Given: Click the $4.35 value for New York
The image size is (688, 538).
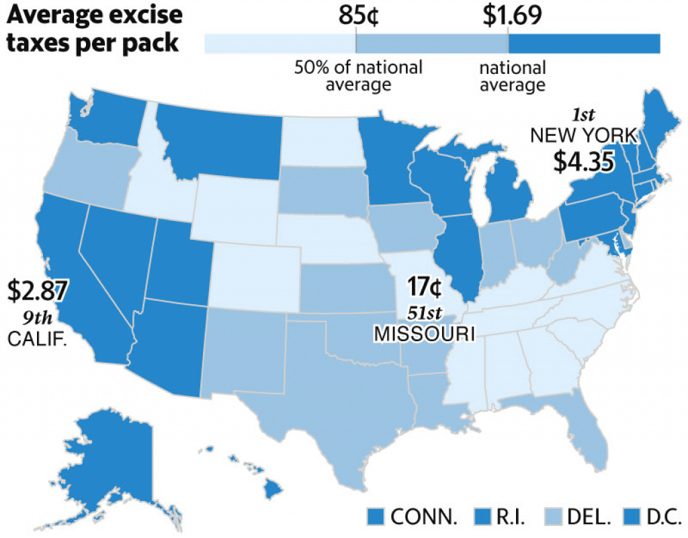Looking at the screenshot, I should point(583,162).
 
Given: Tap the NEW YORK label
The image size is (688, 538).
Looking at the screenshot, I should point(583,136).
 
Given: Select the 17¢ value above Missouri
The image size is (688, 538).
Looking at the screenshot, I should point(425,287).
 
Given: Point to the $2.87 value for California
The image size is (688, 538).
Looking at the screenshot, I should point(38,289).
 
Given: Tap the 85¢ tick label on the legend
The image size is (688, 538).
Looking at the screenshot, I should point(357,15).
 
